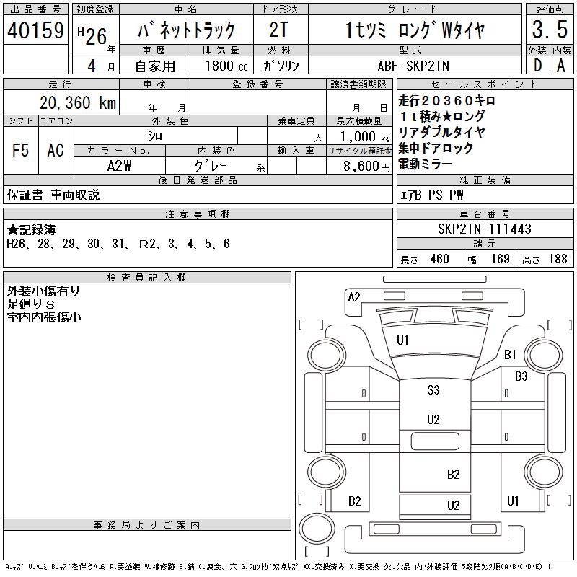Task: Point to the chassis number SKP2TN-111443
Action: (x=485, y=229)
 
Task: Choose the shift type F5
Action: (x=20, y=150)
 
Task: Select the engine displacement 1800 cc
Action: (x=225, y=66)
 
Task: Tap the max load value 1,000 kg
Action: (x=360, y=136)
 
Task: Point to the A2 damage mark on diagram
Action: (x=354, y=296)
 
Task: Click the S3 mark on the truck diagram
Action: (x=433, y=390)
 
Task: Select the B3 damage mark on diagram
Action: (x=521, y=376)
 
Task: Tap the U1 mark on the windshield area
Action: (x=402, y=340)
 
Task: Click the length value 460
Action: (x=440, y=259)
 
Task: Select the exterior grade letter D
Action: (x=536, y=66)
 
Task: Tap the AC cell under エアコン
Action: (x=56, y=150)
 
